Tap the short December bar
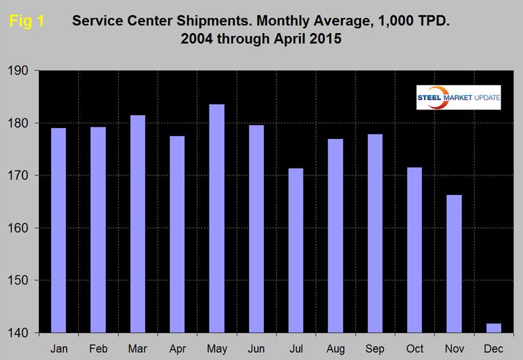point(493,328)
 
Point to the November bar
point(453,263)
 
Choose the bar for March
point(137,223)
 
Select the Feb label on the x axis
point(98,349)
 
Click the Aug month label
point(335,349)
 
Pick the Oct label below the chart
point(414,349)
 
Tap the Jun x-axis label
point(256,349)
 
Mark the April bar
point(177,234)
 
